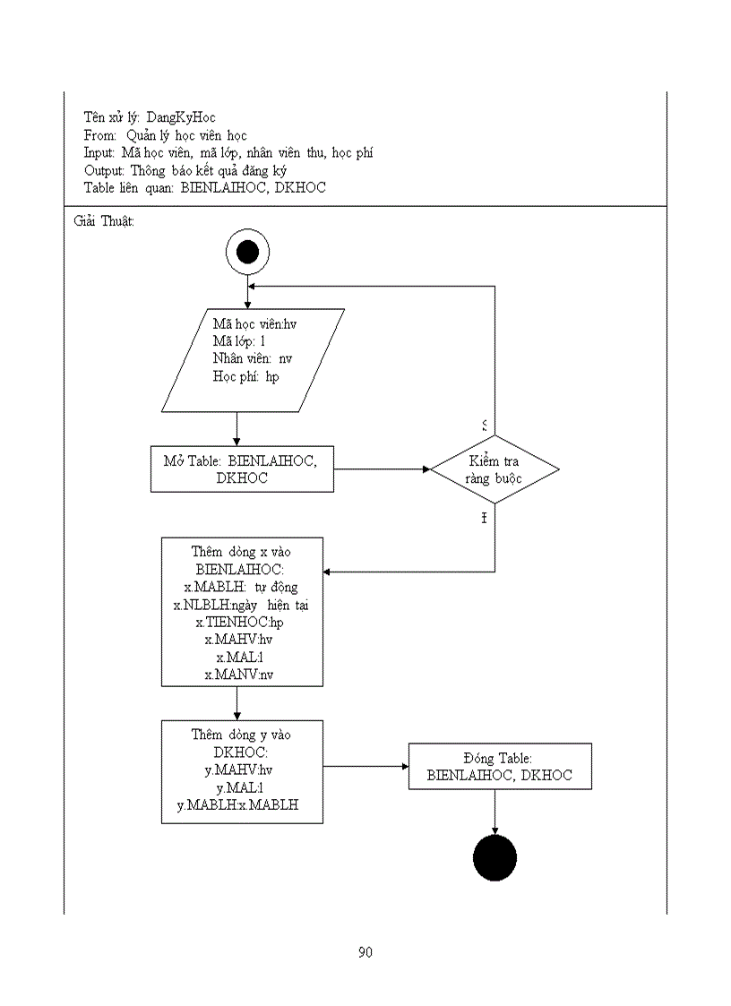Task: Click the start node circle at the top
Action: click(247, 252)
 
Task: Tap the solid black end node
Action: click(494, 858)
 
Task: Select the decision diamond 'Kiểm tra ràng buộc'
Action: click(494, 469)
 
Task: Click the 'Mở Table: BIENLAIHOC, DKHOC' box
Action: click(242, 469)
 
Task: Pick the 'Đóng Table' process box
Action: click(500, 766)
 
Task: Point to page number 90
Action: click(365, 952)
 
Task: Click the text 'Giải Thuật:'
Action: click(104, 220)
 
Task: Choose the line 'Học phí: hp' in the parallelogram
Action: click(245, 377)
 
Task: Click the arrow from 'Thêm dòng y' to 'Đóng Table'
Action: click(365, 766)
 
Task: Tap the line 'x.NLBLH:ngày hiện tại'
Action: click(242, 605)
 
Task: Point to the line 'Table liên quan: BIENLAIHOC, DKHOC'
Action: click(204, 188)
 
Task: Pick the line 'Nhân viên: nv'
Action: click(252, 359)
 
